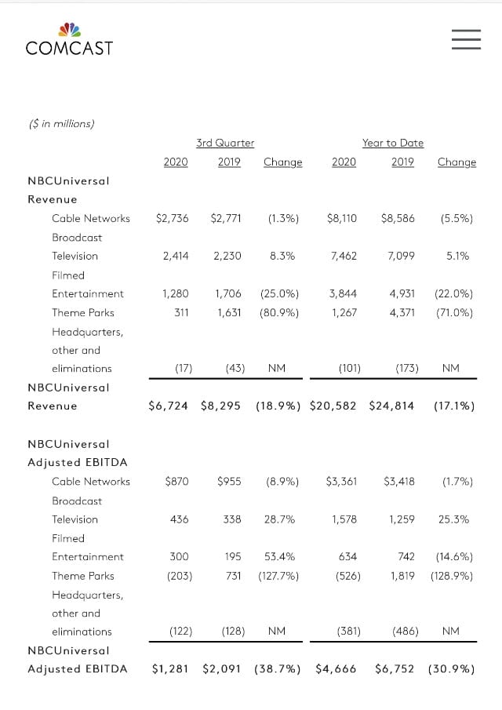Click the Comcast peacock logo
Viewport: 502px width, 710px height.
[x=69, y=30]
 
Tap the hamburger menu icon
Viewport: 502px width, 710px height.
[x=466, y=39]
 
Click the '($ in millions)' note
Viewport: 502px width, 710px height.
[x=61, y=124]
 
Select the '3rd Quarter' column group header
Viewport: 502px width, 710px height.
[x=225, y=143]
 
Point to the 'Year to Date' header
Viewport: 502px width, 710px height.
[x=393, y=143]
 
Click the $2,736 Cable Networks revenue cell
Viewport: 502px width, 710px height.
[x=172, y=219]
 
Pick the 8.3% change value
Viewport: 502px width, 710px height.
[x=282, y=257]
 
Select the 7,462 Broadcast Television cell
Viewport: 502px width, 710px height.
[x=344, y=257]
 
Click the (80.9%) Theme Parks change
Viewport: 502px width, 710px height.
[x=278, y=313]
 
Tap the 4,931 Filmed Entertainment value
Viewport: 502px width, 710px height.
[x=402, y=294]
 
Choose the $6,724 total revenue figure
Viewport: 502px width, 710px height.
[x=168, y=406]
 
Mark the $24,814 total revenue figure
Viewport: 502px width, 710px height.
[x=391, y=406]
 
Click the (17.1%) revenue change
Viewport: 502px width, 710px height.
[x=454, y=406]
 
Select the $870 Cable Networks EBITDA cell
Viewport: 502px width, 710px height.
[x=176, y=482]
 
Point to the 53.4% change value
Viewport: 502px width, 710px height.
[x=279, y=557]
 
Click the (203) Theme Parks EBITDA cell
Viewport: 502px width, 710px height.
[x=180, y=576]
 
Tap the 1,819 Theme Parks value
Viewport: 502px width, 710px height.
[x=402, y=576]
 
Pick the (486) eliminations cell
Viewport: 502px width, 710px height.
[x=406, y=632]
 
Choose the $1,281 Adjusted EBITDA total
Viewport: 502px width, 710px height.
[x=169, y=668]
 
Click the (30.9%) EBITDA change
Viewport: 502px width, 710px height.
[x=451, y=668]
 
